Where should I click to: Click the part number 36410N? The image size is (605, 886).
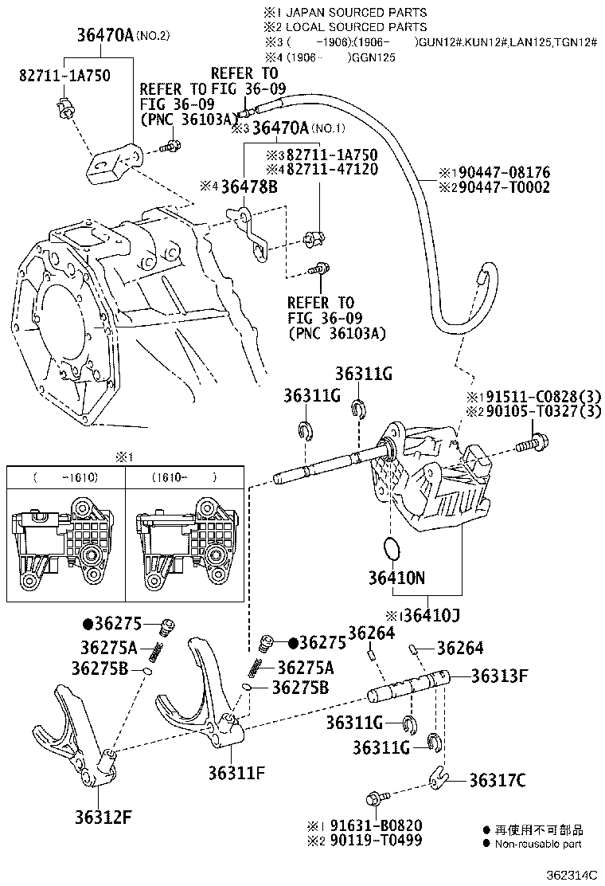point(396,576)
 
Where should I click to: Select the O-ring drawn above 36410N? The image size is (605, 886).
point(391,548)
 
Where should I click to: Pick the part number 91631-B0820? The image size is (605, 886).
point(377,825)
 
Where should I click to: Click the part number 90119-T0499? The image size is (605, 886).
point(377,841)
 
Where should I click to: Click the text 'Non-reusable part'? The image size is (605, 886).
point(538,844)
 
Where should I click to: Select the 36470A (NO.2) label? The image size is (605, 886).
point(123,36)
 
